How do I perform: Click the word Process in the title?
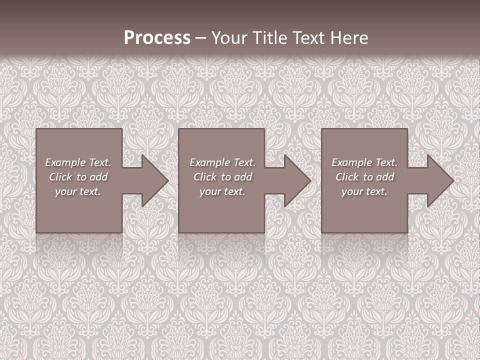(157, 38)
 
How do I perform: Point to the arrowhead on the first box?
(153, 180)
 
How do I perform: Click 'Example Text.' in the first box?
(78, 162)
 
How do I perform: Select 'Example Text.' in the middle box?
(222, 162)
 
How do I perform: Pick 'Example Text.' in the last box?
(364, 162)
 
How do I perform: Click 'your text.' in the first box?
(78, 191)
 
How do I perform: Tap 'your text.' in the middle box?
(222, 191)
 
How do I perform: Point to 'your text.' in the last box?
(364, 191)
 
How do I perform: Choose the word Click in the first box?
(60, 177)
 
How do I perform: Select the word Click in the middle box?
(205, 177)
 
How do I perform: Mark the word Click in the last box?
(347, 177)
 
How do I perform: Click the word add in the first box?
(99, 177)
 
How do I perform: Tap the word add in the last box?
(385, 177)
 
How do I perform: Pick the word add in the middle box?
(243, 177)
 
